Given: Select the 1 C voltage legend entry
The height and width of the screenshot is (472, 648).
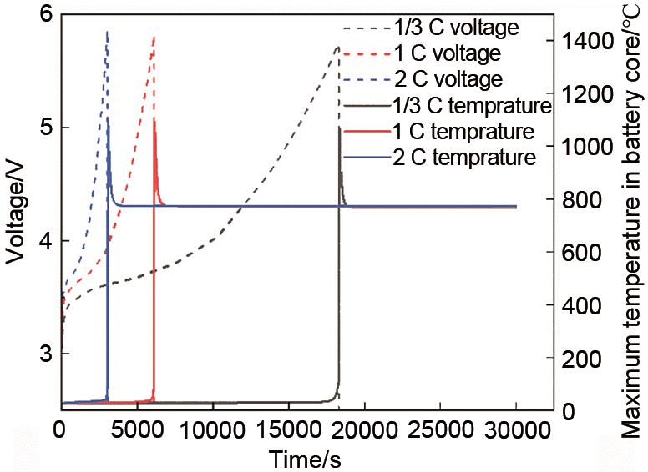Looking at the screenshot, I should pyautogui.click(x=448, y=53).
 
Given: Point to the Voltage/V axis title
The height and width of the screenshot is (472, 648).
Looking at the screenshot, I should pyautogui.click(x=16, y=213).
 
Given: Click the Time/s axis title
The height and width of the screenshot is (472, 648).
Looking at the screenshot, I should pyautogui.click(x=305, y=458).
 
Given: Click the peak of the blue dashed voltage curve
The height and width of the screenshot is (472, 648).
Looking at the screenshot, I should pyautogui.click(x=107, y=32).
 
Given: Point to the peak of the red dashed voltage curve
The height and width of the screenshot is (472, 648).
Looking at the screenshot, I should pyautogui.click(x=154, y=37).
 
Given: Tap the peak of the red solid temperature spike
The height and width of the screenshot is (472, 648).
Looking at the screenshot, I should pyautogui.click(x=154, y=118).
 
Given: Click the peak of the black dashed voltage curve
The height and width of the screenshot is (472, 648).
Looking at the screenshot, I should pyautogui.click(x=337, y=48).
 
